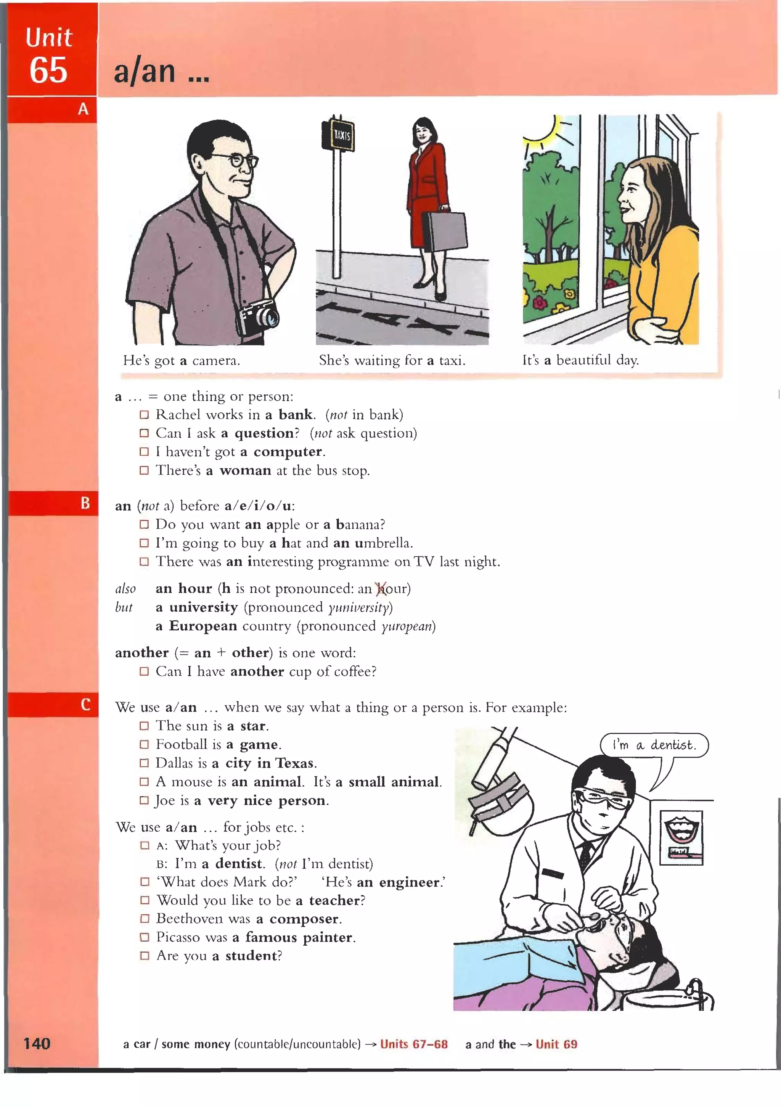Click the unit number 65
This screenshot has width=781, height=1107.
[48, 71]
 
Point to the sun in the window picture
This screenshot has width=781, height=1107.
[545, 126]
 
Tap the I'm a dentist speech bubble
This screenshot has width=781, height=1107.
[654, 745]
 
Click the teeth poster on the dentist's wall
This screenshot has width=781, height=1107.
[681, 837]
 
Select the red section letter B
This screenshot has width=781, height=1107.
[85, 503]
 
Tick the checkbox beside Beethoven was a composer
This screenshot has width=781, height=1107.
[145, 919]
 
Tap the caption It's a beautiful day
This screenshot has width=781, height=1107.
[580, 360]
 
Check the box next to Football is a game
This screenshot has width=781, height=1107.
[144, 744]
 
